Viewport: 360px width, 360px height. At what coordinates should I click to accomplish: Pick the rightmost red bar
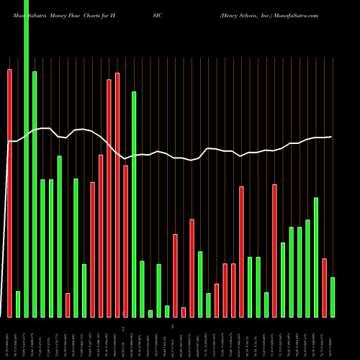click(x=324, y=287)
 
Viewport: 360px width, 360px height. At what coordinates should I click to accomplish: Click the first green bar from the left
click(x=18, y=304)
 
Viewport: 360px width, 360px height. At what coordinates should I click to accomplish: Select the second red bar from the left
click(x=68, y=305)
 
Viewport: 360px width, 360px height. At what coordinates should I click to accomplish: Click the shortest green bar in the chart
click(x=150, y=313)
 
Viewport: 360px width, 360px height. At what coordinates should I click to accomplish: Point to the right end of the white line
click(x=331, y=137)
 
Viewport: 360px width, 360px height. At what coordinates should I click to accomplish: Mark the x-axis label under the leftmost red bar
click(x=10, y=338)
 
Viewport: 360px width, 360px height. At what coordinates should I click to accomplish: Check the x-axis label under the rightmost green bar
click(x=333, y=338)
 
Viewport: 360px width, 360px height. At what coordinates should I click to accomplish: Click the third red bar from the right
click(x=241, y=251)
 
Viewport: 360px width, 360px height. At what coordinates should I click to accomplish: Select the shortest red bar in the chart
click(x=184, y=312)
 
